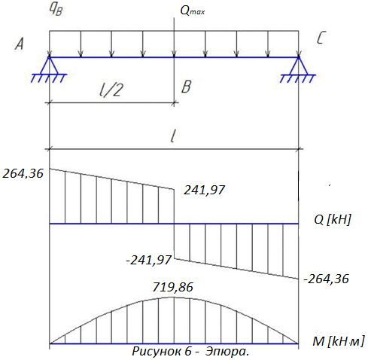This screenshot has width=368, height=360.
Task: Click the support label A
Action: pos(20,44)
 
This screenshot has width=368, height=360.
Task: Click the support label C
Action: pos(321,38)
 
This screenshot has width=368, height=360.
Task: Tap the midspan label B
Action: pos(187,87)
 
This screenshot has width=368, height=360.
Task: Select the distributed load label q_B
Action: pos(56,10)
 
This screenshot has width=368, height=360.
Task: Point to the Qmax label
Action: pos(193,11)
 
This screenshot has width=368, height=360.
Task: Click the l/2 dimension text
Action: pos(111,90)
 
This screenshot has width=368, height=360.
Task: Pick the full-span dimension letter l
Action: pos(172,136)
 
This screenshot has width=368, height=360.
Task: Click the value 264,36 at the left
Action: pos(23,173)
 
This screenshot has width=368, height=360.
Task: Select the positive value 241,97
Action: pos(204,190)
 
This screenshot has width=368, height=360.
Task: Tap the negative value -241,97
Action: pos(149,260)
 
